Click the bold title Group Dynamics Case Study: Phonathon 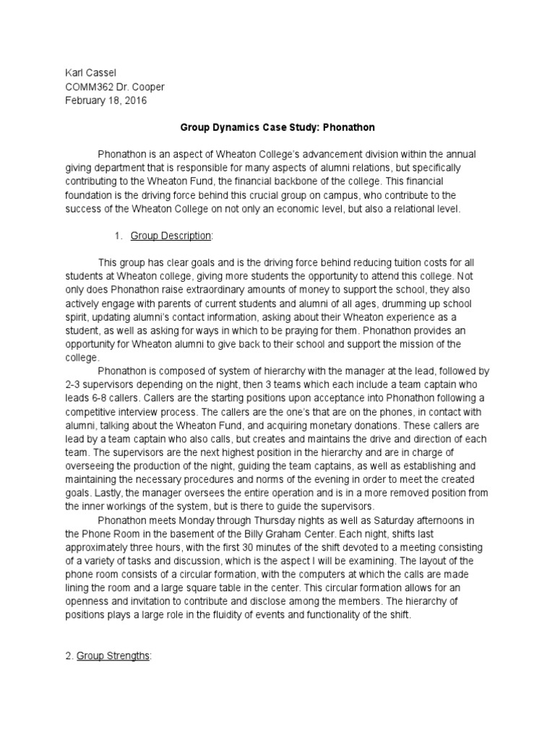pos(277,128)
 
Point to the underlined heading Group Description pos(171,236)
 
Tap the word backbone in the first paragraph pos(315,182)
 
